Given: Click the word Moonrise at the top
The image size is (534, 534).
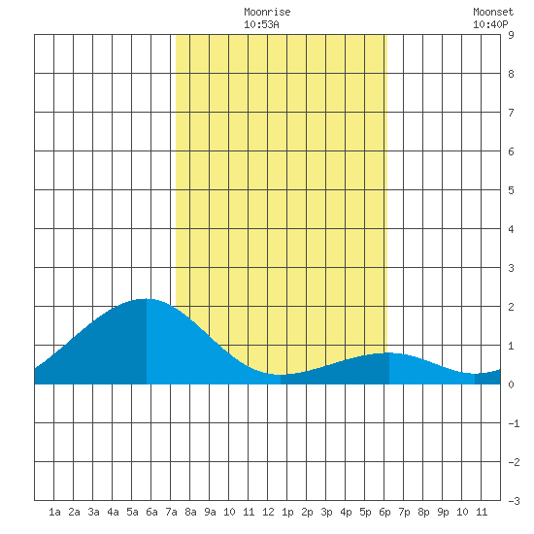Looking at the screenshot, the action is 267,12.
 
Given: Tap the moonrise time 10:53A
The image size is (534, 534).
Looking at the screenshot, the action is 261,24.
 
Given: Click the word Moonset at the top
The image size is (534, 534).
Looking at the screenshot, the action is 493,12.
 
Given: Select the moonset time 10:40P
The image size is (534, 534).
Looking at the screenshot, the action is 490,24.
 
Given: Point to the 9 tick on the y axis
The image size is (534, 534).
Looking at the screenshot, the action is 511,35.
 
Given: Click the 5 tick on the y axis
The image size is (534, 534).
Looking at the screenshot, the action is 511,190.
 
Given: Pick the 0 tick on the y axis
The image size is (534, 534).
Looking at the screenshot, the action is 511,384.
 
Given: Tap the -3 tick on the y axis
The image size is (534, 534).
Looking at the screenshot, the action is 514,501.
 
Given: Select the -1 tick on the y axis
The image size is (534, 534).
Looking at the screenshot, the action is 514,423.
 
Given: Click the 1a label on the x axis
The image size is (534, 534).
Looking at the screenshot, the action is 54,512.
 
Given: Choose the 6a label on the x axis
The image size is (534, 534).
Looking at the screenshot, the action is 151,512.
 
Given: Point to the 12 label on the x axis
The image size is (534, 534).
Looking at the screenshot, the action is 268,512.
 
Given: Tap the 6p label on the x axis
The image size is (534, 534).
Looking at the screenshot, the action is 384,512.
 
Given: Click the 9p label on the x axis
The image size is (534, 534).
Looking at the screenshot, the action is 443,512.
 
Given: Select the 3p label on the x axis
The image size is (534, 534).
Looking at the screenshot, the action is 326,512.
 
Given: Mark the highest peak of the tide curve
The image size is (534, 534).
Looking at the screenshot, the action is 146,299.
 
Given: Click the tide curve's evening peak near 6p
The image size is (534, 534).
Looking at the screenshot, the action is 388,352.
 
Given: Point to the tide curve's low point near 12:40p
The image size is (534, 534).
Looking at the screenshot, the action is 281,375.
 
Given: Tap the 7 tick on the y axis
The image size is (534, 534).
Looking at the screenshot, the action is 511,113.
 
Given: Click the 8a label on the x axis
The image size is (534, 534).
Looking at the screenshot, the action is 190,512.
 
